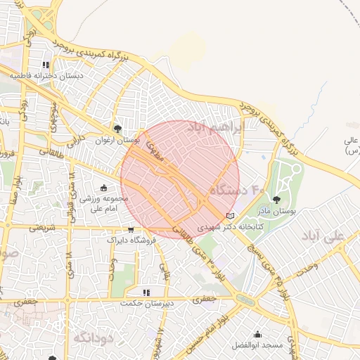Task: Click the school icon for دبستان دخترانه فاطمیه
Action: click(x=46, y=65)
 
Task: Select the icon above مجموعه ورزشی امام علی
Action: click(x=104, y=188)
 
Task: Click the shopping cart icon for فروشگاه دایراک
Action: click(x=131, y=229)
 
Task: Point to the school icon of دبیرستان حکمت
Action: click(x=146, y=292)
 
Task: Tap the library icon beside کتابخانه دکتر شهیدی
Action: click(x=230, y=215)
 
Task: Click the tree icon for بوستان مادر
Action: click(x=285, y=200)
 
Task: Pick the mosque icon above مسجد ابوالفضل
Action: click(x=258, y=335)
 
